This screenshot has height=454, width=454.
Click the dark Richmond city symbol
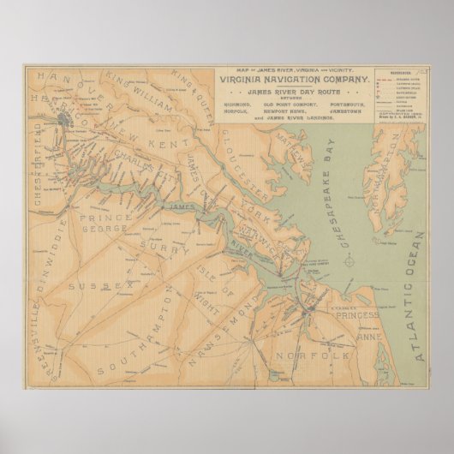[65, 122]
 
